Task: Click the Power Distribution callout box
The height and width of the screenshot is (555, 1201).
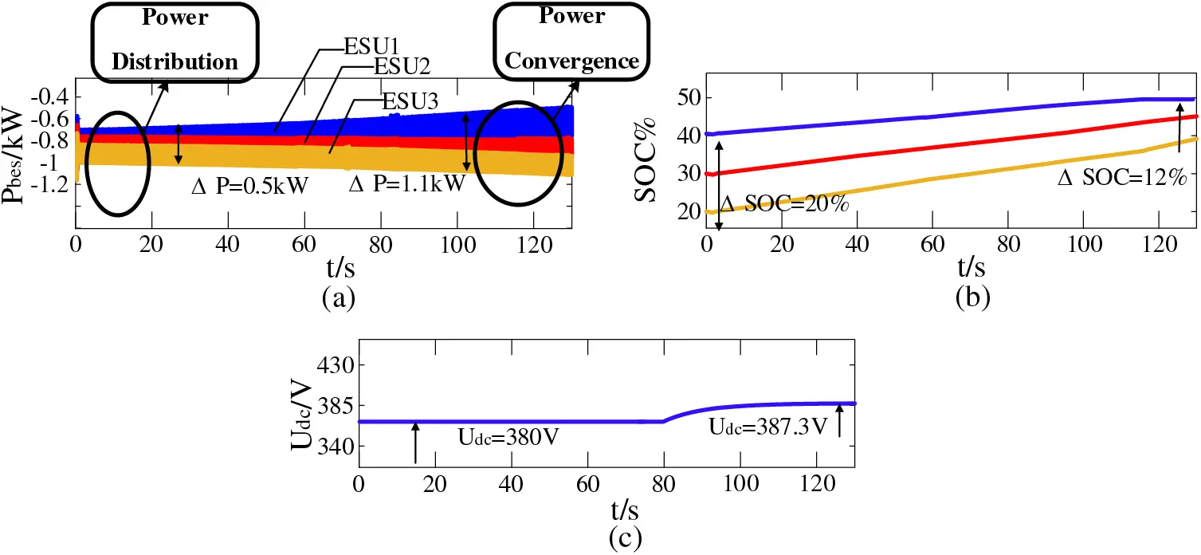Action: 175,40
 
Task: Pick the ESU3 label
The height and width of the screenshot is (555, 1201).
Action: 410,101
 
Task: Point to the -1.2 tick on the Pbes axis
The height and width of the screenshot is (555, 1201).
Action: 49,183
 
